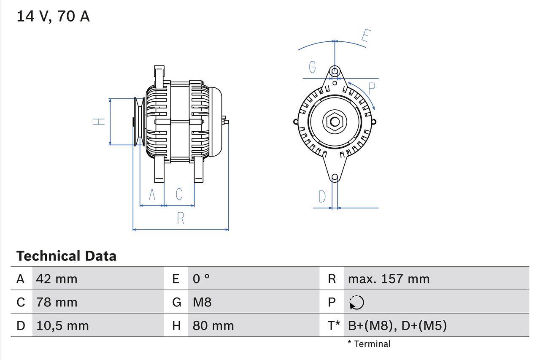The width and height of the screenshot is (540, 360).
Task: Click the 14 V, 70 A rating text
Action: click(x=53, y=16)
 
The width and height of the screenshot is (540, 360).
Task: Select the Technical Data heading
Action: click(x=66, y=256)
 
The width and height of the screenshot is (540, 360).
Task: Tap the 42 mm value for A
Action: click(x=57, y=279)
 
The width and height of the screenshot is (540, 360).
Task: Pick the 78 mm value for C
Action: click(x=57, y=302)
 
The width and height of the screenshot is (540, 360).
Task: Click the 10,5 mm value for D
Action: click(x=62, y=325)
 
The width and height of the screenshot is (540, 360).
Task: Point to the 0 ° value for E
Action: click(x=201, y=279)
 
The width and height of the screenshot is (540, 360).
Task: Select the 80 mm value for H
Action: click(x=213, y=325)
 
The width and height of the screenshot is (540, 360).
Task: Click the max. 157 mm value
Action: click(x=389, y=279)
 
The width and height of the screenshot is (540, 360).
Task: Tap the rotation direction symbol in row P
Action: click(x=356, y=303)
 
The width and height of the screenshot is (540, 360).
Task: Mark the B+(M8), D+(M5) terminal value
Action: click(x=397, y=325)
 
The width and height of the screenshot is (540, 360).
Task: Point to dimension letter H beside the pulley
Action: click(x=99, y=122)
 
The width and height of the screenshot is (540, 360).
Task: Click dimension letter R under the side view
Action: click(x=181, y=218)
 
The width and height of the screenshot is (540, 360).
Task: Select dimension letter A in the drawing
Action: click(x=152, y=195)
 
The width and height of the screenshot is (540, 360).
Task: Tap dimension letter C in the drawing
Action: click(x=179, y=194)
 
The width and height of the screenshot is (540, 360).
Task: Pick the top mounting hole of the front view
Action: click(x=335, y=71)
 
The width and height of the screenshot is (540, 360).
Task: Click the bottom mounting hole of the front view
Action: click(x=335, y=178)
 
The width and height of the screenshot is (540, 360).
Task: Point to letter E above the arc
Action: click(x=365, y=37)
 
